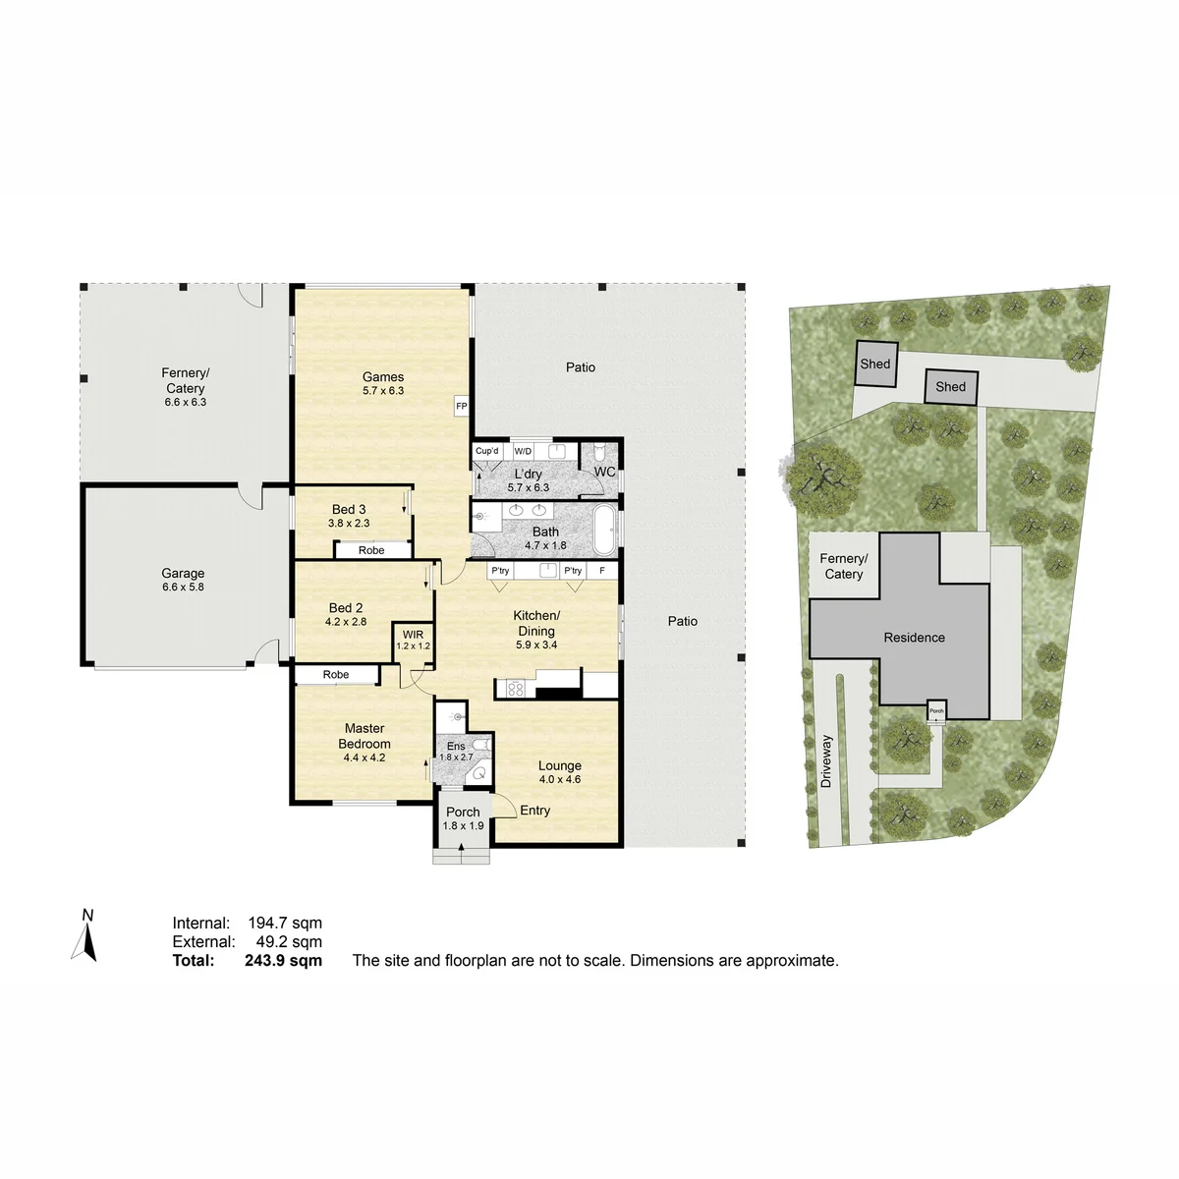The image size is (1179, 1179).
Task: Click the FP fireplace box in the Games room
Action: (462, 406)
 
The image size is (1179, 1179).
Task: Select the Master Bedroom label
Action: (365, 736)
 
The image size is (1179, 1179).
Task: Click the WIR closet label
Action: (413, 635)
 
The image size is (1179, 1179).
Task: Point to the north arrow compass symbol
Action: (85, 936)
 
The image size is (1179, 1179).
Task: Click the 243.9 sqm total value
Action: (283, 960)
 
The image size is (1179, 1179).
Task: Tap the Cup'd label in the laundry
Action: (487, 451)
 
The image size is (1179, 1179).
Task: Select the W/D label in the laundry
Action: (523, 452)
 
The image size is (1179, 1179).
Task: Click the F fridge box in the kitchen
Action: (602, 571)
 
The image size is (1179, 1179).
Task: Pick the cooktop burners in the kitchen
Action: (516, 689)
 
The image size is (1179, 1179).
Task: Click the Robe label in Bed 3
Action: (371, 550)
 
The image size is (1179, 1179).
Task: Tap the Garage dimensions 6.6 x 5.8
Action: (183, 587)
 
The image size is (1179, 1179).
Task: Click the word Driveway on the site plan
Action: (826, 761)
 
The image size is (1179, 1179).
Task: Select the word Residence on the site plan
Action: (914, 638)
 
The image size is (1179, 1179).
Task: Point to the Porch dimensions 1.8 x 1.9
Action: (463, 825)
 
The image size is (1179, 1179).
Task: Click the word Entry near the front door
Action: (534, 810)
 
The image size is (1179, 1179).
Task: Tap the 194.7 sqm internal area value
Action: (285, 923)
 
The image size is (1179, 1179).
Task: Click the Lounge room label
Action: (560, 765)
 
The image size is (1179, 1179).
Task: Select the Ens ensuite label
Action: (456, 746)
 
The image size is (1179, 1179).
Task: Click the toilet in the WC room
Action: (599, 453)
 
